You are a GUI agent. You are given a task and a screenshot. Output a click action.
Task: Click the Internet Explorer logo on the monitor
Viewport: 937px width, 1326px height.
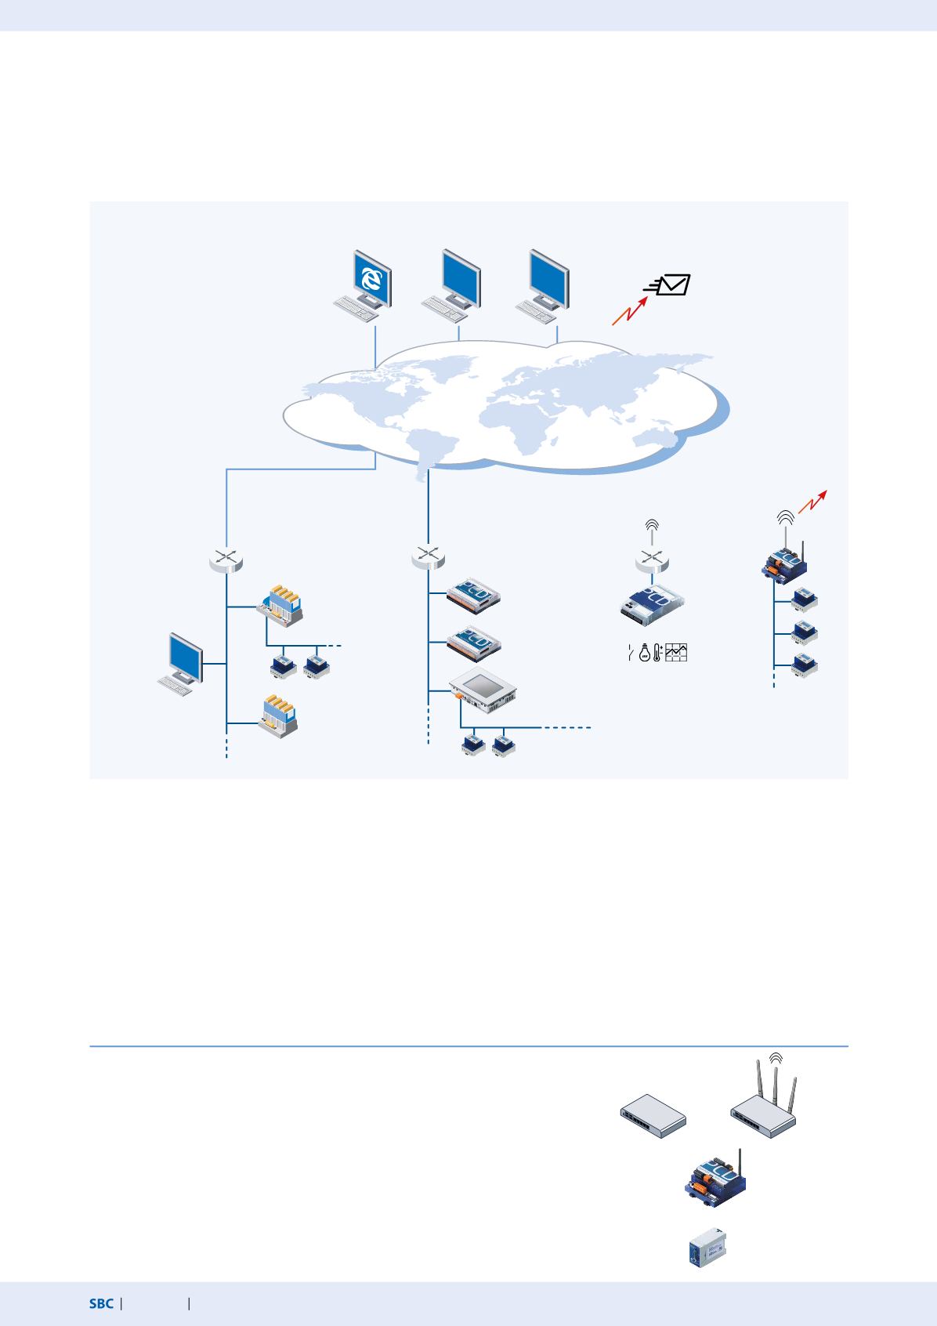coord(371,279)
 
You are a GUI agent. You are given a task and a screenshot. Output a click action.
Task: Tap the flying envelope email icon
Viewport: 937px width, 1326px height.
coord(667,284)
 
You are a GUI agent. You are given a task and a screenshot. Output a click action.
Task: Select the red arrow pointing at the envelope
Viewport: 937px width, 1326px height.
coord(630,310)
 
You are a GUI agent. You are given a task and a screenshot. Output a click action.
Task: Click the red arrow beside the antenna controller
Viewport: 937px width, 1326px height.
coord(812,502)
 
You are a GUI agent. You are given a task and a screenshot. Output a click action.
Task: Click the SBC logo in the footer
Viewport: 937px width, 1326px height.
coord(101,1303)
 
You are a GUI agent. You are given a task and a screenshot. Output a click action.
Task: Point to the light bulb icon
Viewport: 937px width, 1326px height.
coord(645,652)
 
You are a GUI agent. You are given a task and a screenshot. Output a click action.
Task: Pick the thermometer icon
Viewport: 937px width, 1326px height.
coord(657,652)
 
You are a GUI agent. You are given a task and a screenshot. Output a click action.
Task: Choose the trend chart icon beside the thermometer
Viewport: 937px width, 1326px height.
coord(676,652)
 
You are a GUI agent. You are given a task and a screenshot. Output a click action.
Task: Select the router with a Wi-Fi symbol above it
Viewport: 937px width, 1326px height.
coord(652,559)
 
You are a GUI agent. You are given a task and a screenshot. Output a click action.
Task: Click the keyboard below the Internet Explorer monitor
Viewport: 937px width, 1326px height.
coord(356,309)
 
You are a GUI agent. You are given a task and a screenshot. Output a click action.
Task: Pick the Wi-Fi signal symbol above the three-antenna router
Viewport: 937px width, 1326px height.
coord(776,1058)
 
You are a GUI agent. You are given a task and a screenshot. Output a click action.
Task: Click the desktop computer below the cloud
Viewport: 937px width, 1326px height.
coord(180,665)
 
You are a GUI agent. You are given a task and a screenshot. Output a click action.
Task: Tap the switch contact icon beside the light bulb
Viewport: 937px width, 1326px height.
coord(631,653)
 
